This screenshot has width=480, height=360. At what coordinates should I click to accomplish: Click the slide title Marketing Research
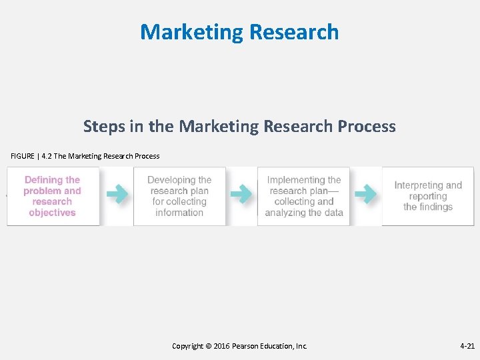239,32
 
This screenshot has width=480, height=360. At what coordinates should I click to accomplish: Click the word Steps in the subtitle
101,126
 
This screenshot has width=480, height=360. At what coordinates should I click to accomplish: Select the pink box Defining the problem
53,196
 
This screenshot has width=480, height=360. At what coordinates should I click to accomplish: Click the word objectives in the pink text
52,213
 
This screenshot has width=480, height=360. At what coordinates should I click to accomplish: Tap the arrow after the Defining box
117,194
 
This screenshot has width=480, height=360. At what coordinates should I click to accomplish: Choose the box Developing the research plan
179,196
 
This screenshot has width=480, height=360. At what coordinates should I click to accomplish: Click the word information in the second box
179,213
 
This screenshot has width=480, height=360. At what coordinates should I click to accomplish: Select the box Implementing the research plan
304,196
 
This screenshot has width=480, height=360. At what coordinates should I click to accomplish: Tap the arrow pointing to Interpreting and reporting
365,194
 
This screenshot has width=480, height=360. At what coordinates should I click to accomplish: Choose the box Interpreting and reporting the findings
428,196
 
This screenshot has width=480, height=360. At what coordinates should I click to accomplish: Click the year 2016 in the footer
221,346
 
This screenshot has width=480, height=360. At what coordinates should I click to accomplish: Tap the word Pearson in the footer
246,346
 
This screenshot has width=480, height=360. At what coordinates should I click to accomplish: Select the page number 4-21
467,346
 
